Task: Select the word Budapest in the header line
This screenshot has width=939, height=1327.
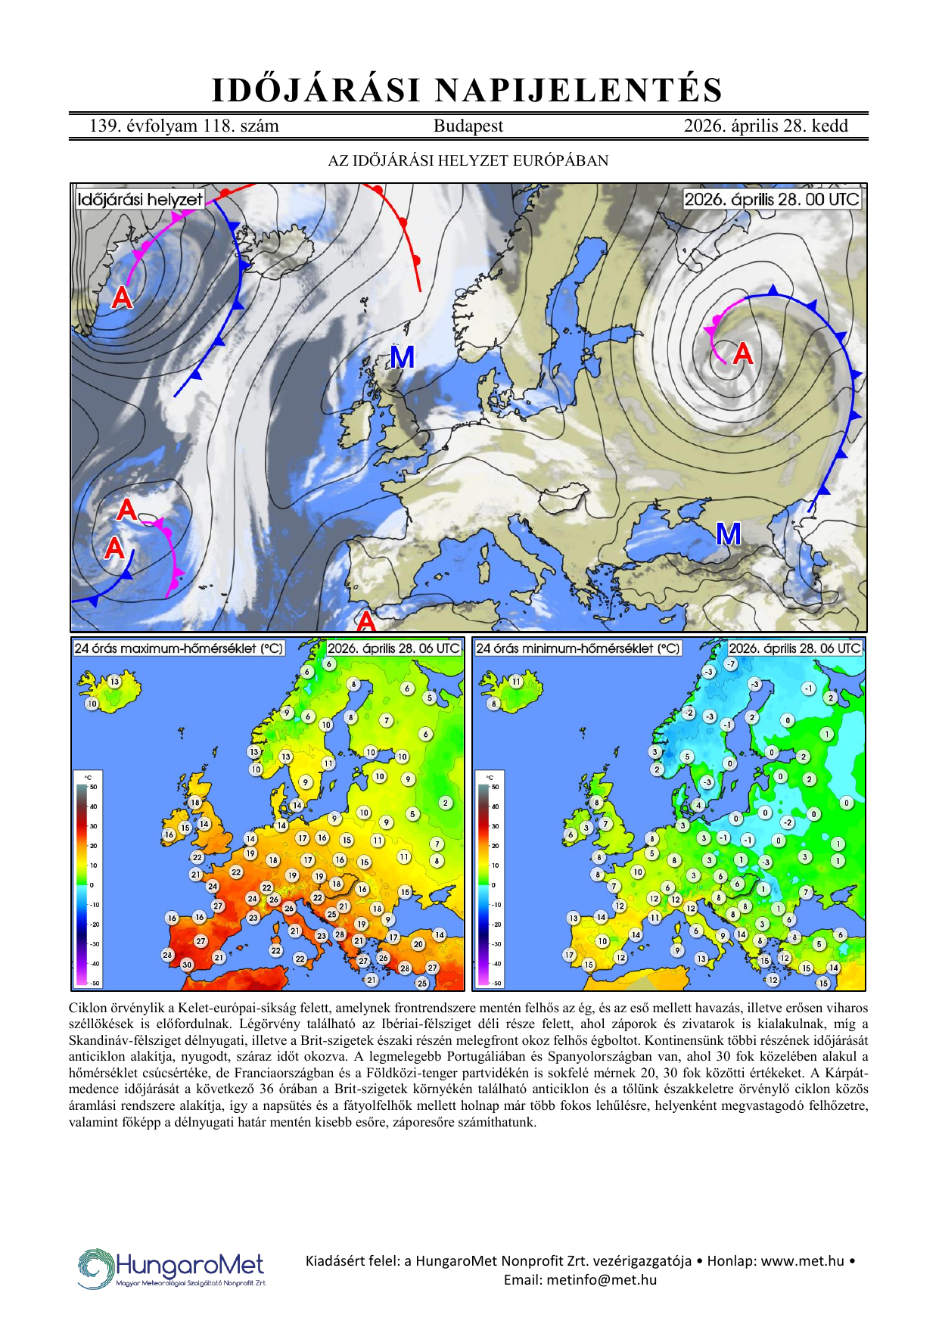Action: [468, 126]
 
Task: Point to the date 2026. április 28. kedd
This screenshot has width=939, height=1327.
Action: [766, 126]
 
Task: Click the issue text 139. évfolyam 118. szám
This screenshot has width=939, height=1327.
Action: [184, 126]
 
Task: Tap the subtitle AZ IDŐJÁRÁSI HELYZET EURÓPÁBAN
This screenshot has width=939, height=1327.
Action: [468, 160]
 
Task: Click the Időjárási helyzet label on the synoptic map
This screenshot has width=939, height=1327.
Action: [140, 200]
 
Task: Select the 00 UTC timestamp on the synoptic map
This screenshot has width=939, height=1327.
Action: [772, 200]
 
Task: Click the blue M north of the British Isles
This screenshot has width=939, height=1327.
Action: [402, 357]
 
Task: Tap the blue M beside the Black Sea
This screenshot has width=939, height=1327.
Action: [728, 535]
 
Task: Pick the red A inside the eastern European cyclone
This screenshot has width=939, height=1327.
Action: [743, 353]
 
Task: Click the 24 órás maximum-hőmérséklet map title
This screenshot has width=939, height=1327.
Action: [179, 649]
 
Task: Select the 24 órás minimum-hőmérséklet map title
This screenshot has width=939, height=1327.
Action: [578, 649]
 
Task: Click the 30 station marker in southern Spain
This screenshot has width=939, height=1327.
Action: [187, 965]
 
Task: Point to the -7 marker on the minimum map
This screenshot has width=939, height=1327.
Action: [730, 664]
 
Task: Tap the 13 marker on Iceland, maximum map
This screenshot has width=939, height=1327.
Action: [114, 681]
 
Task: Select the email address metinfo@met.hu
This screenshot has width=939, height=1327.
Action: [580, 1280]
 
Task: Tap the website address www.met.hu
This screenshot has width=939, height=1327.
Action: [802, 1260]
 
